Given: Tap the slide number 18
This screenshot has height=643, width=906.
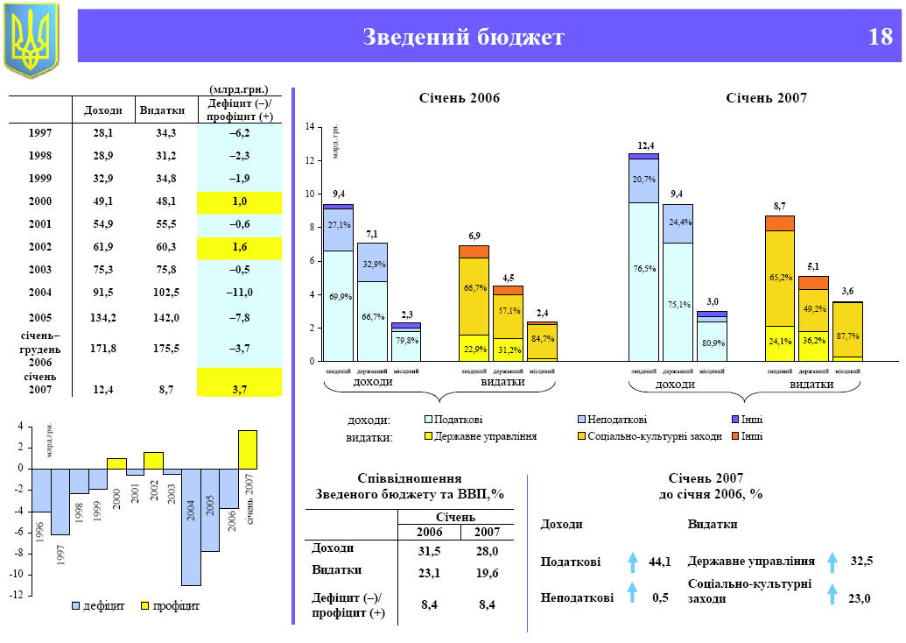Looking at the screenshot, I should click(880, 37).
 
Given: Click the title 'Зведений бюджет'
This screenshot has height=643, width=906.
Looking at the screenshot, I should click(463, 37).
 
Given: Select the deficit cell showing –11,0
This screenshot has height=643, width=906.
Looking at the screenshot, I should click(240, 292).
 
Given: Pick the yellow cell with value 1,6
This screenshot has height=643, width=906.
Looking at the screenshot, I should click(240, 247).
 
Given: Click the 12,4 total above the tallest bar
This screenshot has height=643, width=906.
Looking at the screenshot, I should click(645, 145).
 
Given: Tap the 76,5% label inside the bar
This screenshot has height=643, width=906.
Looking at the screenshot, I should click(644, 269).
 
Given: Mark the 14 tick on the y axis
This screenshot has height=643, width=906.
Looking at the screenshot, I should click(310, 128).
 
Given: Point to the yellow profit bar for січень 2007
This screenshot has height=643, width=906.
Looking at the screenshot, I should click(248, 449).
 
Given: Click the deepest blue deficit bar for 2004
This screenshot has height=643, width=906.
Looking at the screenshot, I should click(191, 526).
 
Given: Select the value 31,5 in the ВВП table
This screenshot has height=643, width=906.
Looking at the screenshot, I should click(429, 551).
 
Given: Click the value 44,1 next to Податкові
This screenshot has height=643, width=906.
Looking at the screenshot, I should click(660, 562).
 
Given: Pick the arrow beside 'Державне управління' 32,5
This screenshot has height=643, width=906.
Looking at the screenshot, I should click(832, 561).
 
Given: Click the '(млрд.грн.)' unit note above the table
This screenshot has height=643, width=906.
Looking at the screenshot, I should click(239, 88).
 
